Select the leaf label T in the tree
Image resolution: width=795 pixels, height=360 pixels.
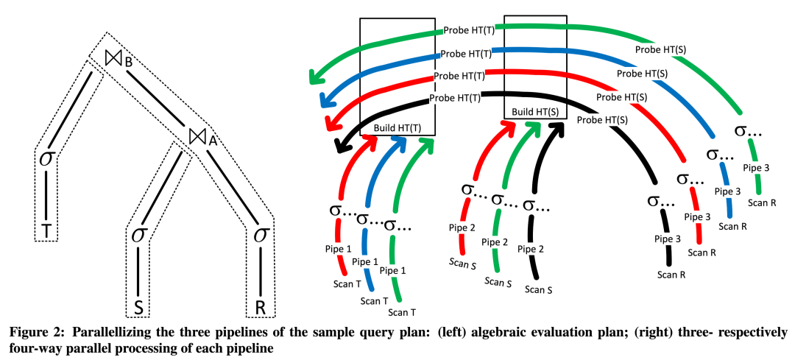pyautogui.click(x=46, y=230)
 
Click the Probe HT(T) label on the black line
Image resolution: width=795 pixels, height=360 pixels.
pyautogui.click(x=455, y=96)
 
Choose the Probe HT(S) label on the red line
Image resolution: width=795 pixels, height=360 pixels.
pyautogui.click(x=622, y=96)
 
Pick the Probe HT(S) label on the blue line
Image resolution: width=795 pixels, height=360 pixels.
pyautogui.click(x=642, y=74)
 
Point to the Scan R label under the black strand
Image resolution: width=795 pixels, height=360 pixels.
pyautogui.click(x=671, y=275)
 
